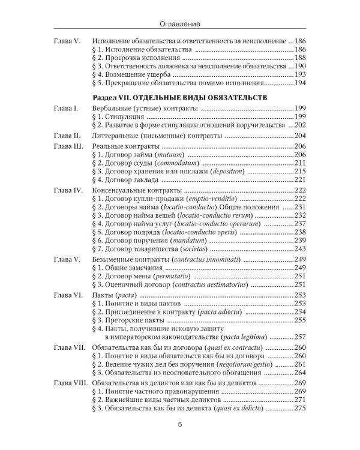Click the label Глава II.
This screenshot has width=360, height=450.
(67, 136)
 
